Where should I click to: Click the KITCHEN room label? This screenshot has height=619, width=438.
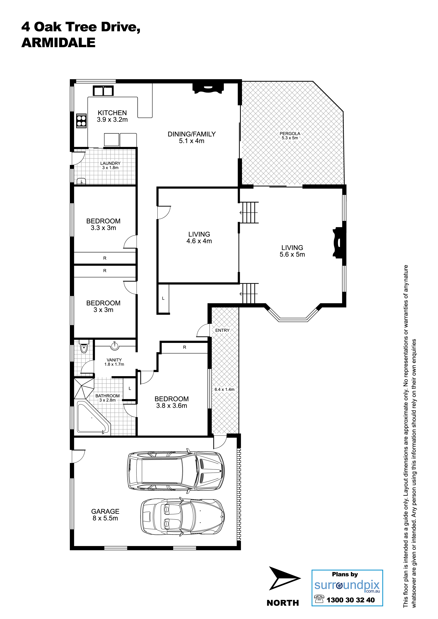(x=112, y=113)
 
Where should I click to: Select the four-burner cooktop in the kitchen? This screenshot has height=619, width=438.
(x=81, y=121)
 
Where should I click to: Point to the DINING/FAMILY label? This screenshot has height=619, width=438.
(x=192, y=134)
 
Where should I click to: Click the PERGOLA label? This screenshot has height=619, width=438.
(x=290, y=133)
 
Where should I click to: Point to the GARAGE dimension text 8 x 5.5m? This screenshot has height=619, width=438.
(x=105, y=518)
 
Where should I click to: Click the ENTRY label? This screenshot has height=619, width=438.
(x=222, y=330)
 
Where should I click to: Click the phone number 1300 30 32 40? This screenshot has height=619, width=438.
(x=351, y=600)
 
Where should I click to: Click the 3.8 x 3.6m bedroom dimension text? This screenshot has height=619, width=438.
(x=172, y=405)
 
